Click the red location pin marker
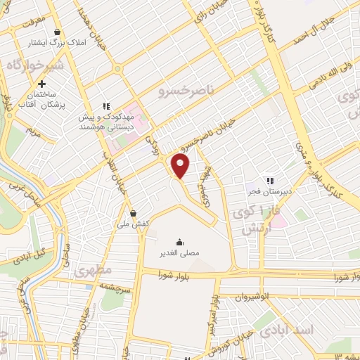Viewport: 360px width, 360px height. (181, 167)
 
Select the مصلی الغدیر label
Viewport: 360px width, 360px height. (180, 252)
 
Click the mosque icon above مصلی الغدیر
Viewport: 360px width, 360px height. (180, 240)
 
